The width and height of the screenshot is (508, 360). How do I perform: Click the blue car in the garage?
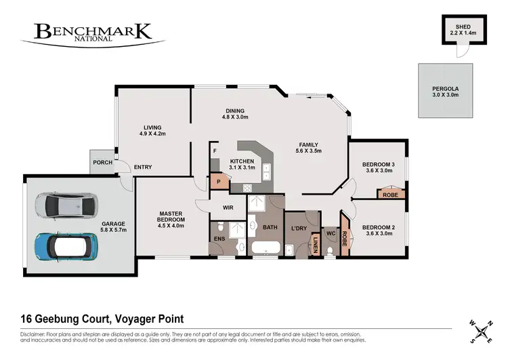62,247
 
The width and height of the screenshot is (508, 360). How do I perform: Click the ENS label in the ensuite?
219,239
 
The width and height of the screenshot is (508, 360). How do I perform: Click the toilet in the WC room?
330,251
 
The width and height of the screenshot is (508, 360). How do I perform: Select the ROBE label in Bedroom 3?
390,195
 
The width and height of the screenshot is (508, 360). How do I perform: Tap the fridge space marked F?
214,151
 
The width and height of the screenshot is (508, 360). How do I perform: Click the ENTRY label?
143,167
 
